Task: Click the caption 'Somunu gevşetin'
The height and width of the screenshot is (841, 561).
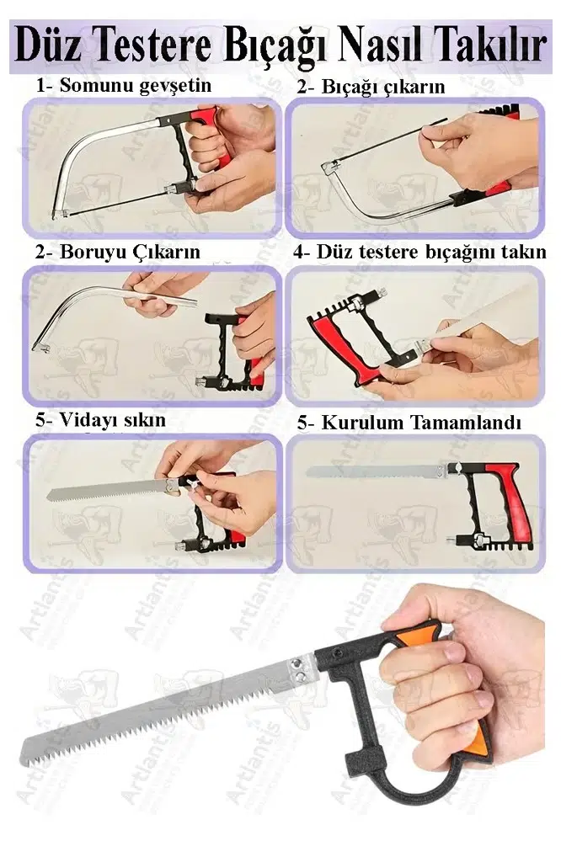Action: (136, 86)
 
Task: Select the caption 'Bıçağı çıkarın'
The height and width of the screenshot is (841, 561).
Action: (383, 88)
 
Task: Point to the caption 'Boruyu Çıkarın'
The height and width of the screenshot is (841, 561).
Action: (130, 252)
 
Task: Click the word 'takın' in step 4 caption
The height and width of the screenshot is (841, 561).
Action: (523, 252)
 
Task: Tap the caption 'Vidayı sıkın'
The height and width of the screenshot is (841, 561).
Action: (112, 420)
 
